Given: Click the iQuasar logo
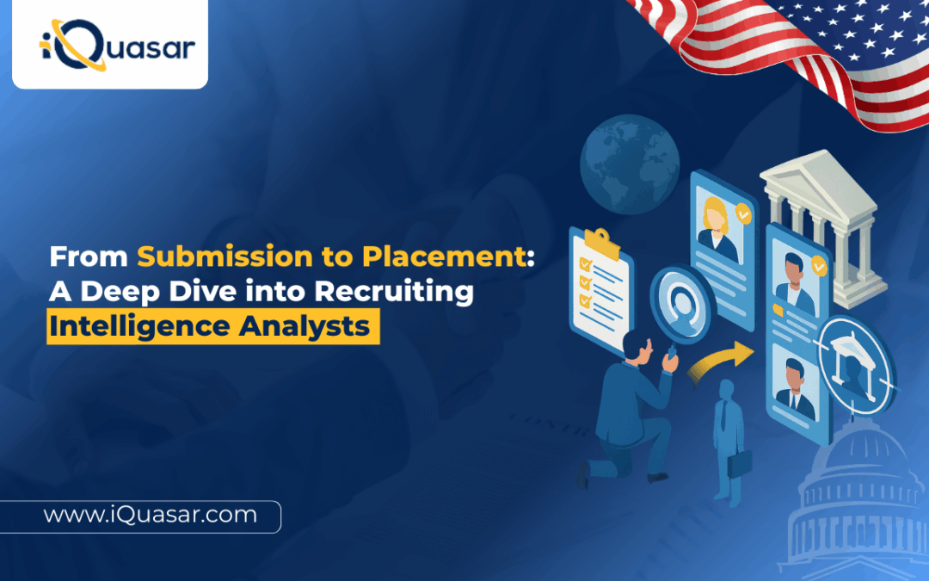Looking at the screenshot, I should (x=110, y=45).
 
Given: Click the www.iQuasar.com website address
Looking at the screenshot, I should (x=150, y=515).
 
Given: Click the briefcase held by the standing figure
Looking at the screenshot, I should (x=741, y=465).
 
